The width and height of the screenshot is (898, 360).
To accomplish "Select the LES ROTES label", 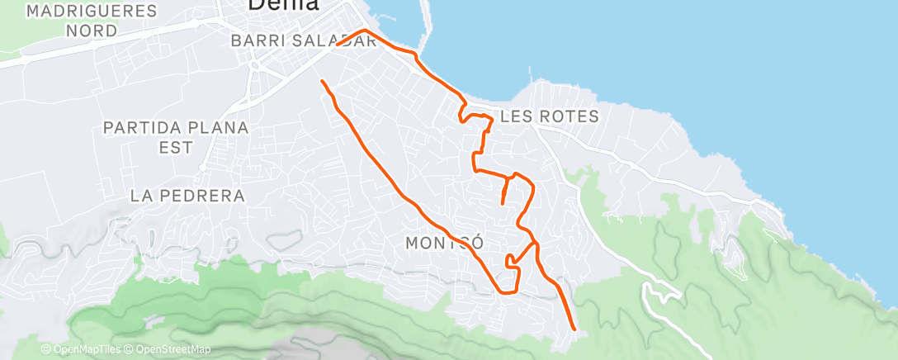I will point(549,116).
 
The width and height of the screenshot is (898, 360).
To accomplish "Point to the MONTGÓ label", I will point(443,243).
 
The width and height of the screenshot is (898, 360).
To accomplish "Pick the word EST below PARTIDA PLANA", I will point(177,147).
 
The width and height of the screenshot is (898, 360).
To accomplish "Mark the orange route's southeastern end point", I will point(573,329).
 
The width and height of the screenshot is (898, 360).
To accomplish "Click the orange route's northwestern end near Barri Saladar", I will point(321,80).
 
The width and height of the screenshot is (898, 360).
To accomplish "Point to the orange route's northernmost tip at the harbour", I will point(363,31).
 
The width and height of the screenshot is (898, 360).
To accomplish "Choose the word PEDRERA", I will point(203,196).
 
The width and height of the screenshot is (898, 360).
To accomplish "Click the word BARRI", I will point(251,40).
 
